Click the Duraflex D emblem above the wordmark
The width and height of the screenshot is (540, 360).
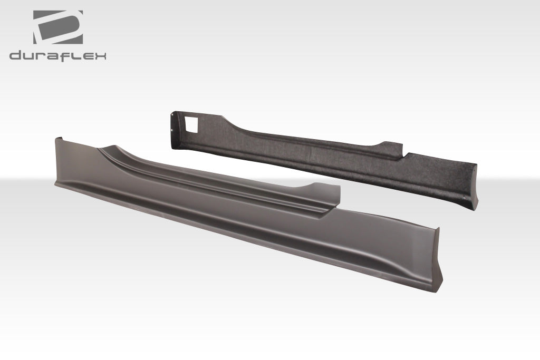point(57,27)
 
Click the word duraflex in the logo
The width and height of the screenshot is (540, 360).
point(57,55)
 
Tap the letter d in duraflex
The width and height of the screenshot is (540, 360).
point(16,55)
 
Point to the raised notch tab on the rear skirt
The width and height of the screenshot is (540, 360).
point(391,146)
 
